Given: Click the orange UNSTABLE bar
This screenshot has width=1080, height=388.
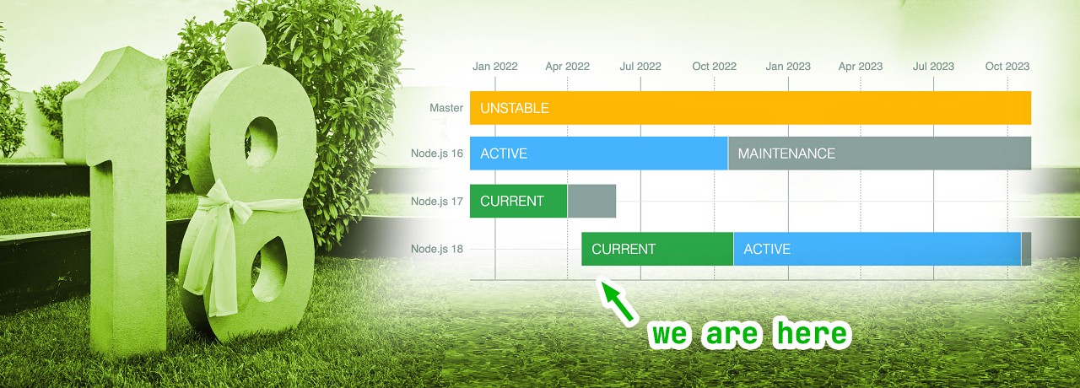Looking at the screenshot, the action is (x=750, y=107).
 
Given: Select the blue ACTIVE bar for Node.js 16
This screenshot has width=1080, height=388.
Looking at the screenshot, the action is (x=599, y=154).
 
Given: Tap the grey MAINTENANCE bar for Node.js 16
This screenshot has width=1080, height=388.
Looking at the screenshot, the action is (x=879, y=154).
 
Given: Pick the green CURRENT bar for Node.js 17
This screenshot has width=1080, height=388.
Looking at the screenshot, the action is (x=519, y=201).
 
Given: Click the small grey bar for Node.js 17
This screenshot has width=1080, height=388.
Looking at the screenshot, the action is (x=591, y=201).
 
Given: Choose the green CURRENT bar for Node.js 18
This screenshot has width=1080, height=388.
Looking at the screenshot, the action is (x=657, y=249).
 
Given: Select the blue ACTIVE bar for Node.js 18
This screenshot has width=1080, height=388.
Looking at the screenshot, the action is (x=877, y=249).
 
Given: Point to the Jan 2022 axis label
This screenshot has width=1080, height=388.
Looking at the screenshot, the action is (x=494, y=67).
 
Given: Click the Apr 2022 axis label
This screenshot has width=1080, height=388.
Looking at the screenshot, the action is (x=568, y=67).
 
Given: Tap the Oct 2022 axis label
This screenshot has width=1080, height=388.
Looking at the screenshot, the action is (x=714, y=67).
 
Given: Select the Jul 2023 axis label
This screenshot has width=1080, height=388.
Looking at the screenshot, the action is (x=933, y=67).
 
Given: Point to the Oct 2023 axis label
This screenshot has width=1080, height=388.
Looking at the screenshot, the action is (x=1007, y=67).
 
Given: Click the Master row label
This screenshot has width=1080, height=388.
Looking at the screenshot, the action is (x=446, y=108).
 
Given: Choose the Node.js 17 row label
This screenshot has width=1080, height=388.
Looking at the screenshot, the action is (x=436, y=202).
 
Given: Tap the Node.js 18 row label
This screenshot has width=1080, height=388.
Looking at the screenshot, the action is (x=436, y=249).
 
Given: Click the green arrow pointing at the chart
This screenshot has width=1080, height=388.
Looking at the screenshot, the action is (x=618, y=301).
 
